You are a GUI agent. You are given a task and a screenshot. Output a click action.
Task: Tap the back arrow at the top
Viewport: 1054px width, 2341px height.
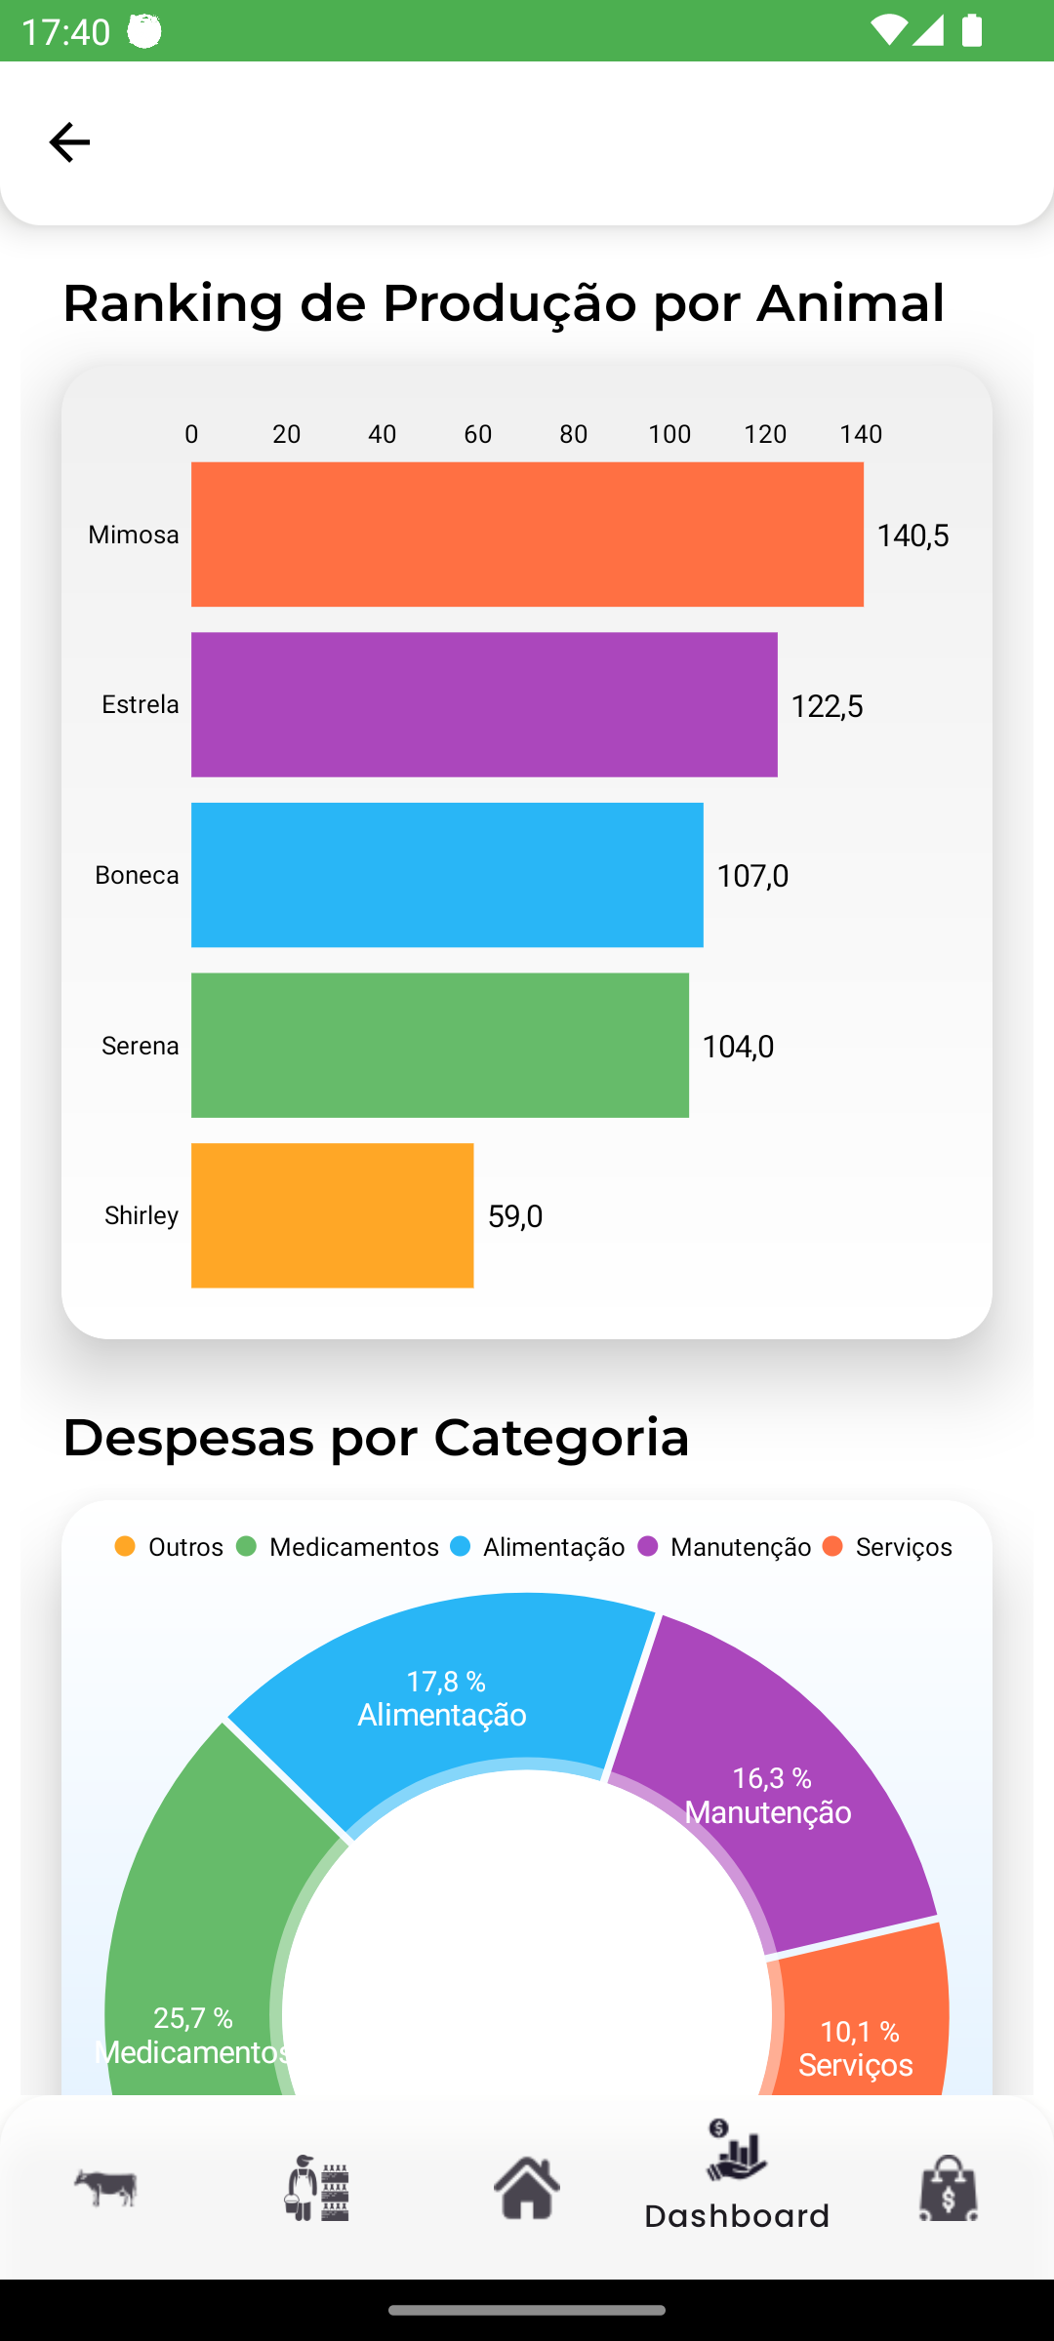tap(69, 142)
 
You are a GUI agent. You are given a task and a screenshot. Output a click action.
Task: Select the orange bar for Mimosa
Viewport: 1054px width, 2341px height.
tap(527, 535)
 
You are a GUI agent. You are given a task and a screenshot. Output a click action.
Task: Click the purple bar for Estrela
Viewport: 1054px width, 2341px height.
tap(484, 704)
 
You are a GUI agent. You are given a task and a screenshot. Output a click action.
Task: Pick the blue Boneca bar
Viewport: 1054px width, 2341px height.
tap(447, 875)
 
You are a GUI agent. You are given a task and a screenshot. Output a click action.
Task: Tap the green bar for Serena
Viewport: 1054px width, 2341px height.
tap(439, 1045)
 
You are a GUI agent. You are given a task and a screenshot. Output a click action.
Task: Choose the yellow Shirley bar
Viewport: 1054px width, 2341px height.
tap(332, 1215)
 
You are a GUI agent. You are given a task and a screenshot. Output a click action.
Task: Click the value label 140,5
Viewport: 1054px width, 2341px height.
tap(912, 536)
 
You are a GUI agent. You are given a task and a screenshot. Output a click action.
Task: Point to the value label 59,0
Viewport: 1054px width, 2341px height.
tap(515, 1216)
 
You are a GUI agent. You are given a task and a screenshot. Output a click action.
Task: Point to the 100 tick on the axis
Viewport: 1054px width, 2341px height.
tap(669, 434)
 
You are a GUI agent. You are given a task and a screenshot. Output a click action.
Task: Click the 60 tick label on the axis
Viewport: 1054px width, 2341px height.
tap(478, 434)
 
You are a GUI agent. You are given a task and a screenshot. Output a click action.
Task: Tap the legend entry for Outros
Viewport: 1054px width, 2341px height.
tap(170, 1547)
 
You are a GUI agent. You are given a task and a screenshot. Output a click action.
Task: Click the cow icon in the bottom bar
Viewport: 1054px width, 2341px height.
tap(105, 2188)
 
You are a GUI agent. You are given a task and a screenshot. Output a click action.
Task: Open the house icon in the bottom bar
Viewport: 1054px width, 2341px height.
tap(527, 2188)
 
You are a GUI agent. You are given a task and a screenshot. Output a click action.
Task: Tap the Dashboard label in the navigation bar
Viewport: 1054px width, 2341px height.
tap(737, 2216)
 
